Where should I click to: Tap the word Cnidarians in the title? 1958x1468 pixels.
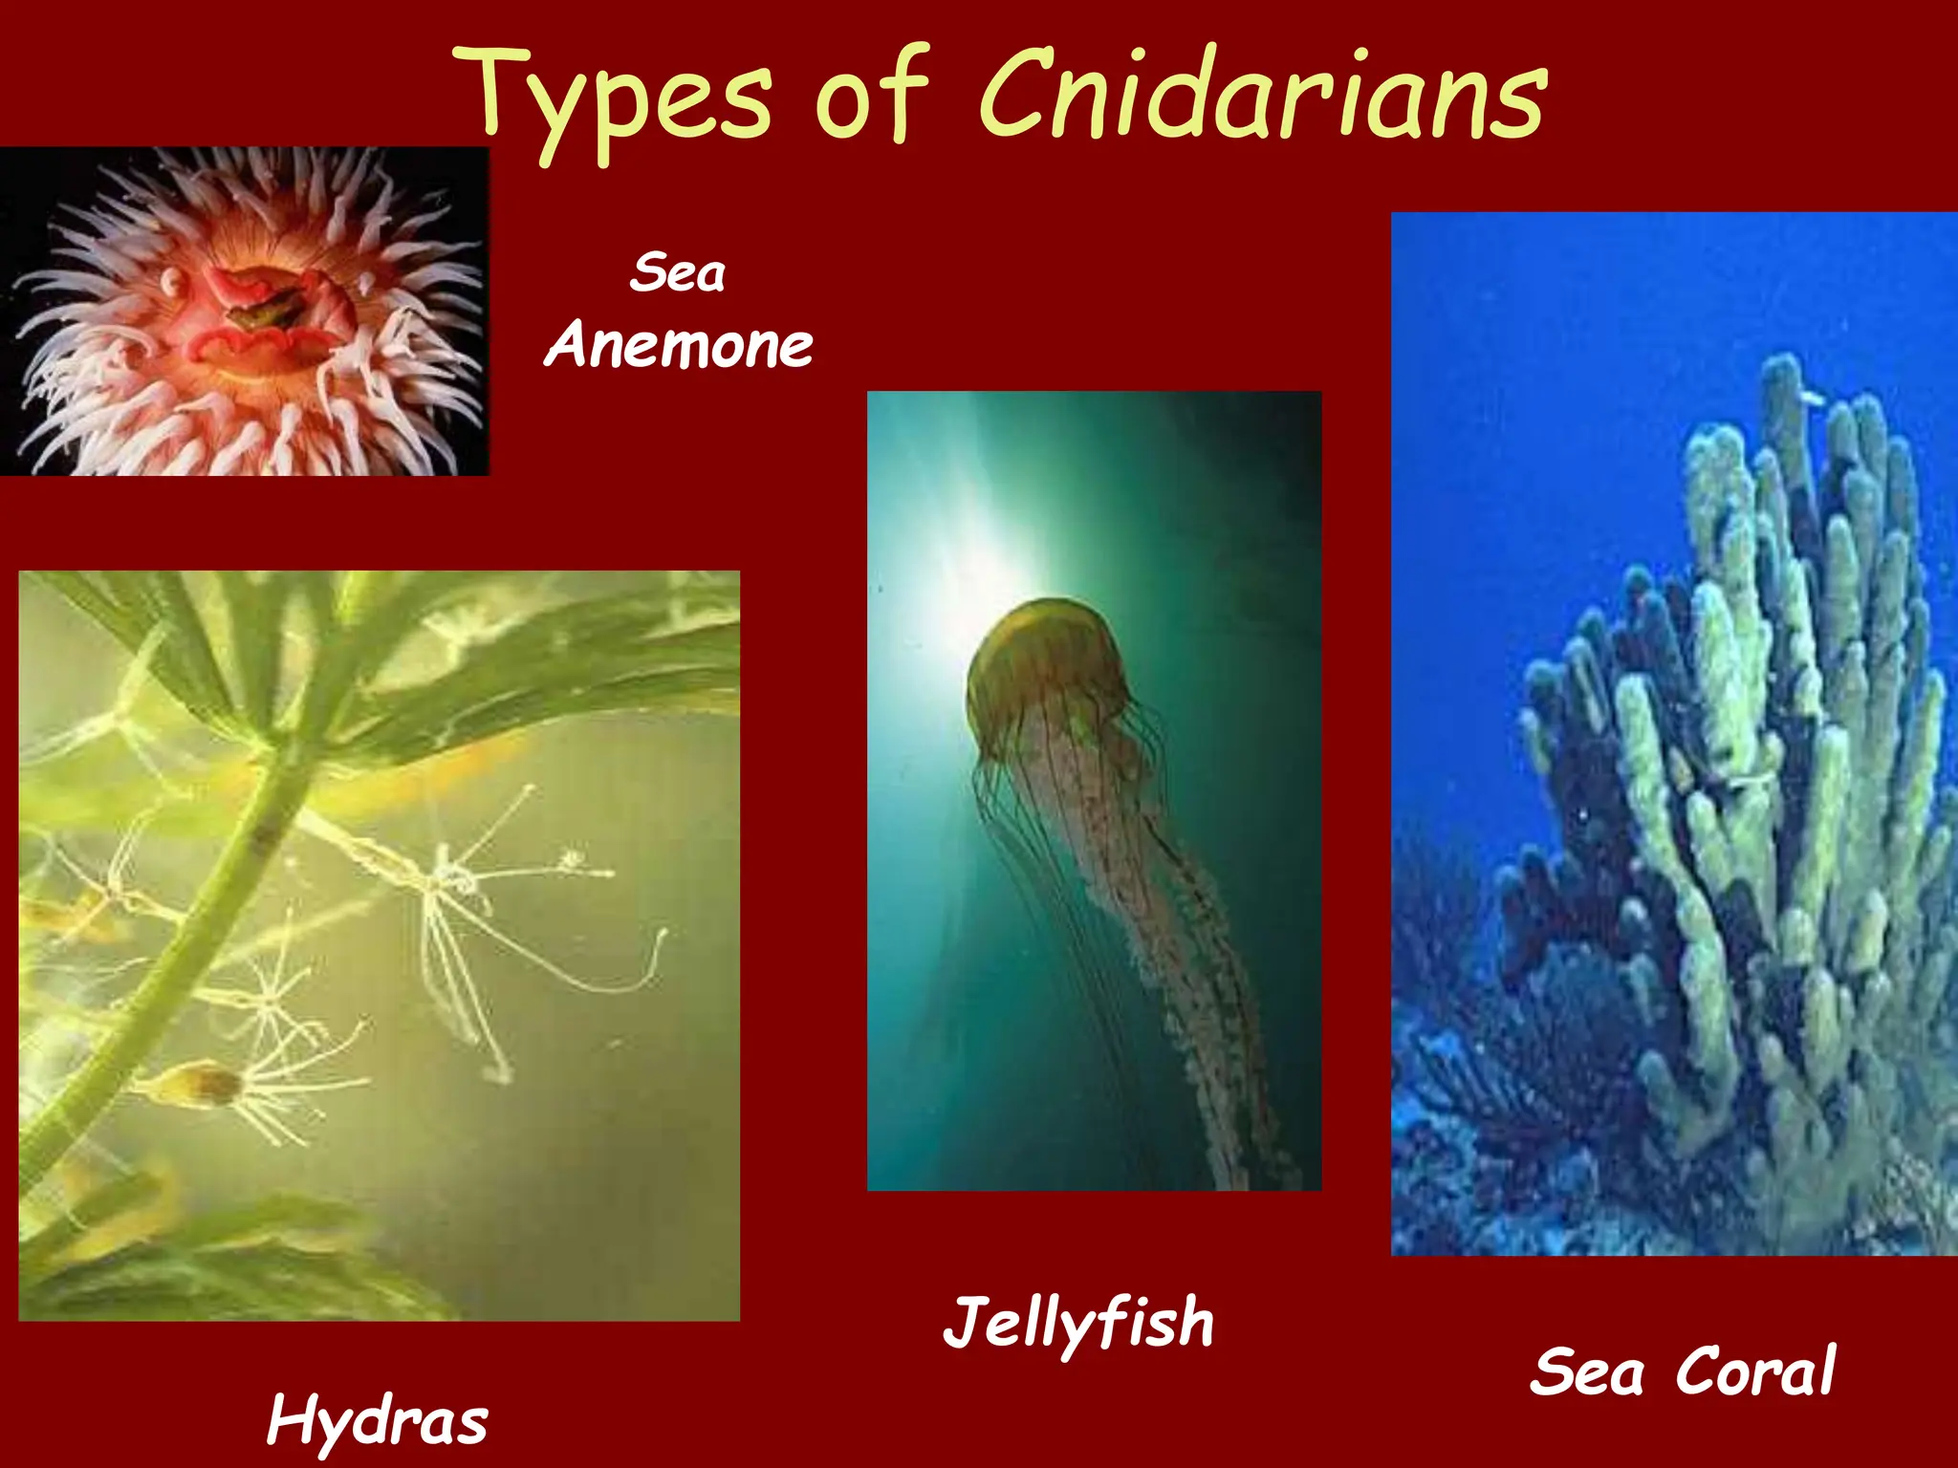[x=1261, y=96]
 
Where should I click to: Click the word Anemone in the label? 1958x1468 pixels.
[x=679, y=345]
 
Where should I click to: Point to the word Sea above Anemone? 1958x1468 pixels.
[x=678, y=273]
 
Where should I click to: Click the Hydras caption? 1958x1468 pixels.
[x=378, y=1421]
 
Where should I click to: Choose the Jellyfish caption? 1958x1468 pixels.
[x=1078, y=1324]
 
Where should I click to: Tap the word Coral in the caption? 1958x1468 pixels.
[x=1755, y=1371]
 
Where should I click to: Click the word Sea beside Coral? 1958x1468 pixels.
[x=1587, y=1371]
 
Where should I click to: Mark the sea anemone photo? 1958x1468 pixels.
[x=244, y=312]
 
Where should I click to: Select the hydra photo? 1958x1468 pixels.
[x=379, y=946]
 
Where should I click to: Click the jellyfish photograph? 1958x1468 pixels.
[x=1094, y=790]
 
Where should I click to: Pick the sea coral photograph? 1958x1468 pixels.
[x=1674, y=733]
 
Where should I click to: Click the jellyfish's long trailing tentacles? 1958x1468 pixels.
[x=1176, y=956]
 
